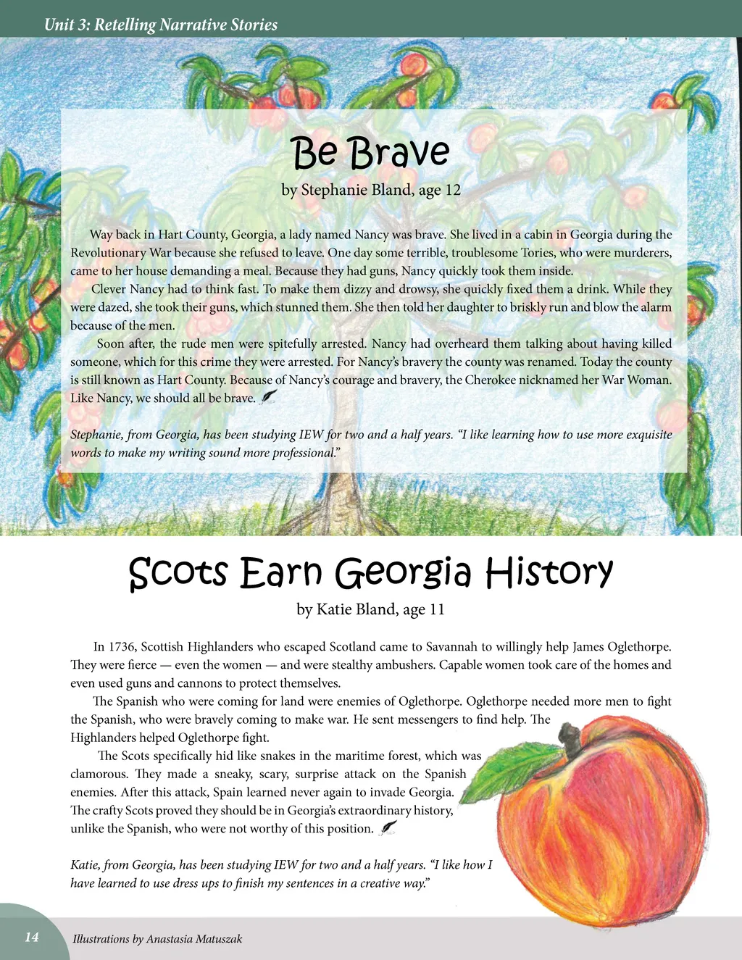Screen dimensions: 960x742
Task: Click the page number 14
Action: pos(32,937)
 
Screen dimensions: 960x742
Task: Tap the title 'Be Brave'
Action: pos(370,153)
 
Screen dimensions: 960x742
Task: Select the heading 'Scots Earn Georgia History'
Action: pos(370,572)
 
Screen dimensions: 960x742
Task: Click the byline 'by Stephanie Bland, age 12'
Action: pos(370,191)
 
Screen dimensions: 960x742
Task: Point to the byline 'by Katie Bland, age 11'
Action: pos(370,609)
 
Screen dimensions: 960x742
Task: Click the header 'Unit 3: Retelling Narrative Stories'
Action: pos(161,25)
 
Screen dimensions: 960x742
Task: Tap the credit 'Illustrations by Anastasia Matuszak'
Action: pos(157,939)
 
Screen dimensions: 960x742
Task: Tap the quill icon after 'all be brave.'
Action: pos(269,396)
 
